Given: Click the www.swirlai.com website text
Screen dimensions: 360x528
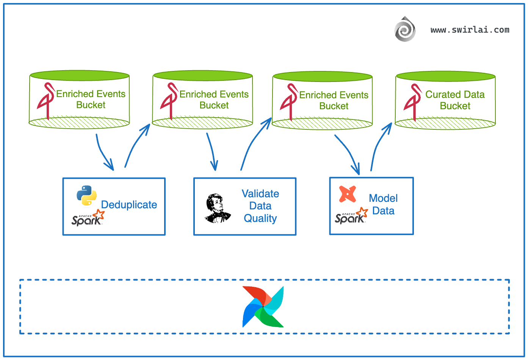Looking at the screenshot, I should [470, 30].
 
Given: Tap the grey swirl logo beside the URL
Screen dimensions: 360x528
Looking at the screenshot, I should [405, 29].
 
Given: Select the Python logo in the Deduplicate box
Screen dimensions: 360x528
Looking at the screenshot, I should [86, 195].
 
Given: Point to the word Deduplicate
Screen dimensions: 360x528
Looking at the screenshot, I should [129, 205].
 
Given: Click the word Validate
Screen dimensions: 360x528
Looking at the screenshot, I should [260, 194].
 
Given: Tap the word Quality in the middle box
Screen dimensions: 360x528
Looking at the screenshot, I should [260, 219].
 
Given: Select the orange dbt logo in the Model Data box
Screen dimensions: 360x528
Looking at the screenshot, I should [348, 194].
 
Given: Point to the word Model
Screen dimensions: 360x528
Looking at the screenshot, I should [383, 198].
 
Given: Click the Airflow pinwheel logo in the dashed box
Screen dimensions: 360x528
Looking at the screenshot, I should [263, 307].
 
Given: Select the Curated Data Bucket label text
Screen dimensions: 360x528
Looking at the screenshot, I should [455, 100].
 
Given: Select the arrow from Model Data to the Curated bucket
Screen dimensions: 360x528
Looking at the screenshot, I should [379, 146].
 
